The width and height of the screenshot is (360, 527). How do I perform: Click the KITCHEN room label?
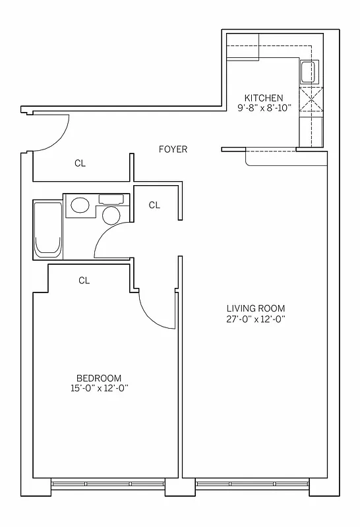[x=264, y=97]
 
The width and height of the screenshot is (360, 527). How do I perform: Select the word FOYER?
[x=173, y=150]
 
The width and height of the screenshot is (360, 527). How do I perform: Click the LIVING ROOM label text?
[x=256, y=308]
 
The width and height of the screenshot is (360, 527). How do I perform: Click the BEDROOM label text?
[x=99, y=377]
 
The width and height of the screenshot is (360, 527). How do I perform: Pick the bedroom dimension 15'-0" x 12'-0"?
[x=99, y=388]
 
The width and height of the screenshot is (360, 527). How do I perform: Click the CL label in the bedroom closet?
[x=84, y=281]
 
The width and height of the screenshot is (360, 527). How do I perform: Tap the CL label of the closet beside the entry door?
[x=80, y=163]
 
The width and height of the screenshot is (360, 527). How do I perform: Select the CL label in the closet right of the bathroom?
[x=154, y=205]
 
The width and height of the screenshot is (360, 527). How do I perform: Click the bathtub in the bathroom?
[x=48, y=229]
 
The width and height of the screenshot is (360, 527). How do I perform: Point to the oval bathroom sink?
[x=80, y=206]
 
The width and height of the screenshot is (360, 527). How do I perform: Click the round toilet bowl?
[x=111, y=215]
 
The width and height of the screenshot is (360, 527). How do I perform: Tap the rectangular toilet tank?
[x=111, y=198]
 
